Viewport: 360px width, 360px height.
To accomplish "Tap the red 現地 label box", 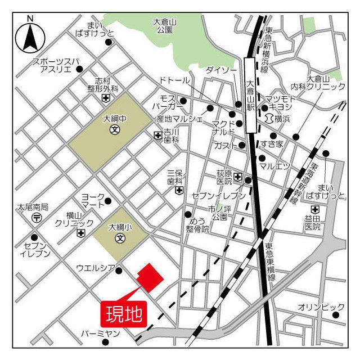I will tap(124, 313).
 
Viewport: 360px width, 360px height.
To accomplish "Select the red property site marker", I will tap(149, 277).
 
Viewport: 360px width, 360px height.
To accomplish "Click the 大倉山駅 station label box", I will tap(251, 97).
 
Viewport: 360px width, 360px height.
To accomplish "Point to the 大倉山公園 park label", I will tap(165, 26).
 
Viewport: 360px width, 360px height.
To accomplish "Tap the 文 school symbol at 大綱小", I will tap(120, 238).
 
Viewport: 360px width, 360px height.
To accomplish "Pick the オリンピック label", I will tap(321, 307).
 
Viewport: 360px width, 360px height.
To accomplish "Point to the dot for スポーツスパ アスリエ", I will tap(79, 69).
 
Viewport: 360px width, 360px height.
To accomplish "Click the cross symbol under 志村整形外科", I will tap(105, 98).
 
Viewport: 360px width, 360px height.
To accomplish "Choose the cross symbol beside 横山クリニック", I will tap(82, 233).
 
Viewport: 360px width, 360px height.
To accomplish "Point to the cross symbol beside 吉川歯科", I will tap(157, 135).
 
